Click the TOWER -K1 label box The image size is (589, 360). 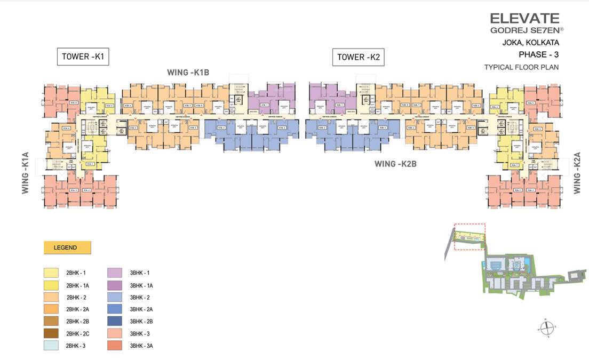point(83,57)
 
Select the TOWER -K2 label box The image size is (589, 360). point(358,57)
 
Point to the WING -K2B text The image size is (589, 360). point(396,164)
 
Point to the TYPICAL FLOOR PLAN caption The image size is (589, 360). point(521,67)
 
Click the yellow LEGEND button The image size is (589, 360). point(67,247)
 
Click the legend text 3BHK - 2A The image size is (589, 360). point(141,309)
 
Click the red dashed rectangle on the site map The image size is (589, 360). point(469,236)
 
